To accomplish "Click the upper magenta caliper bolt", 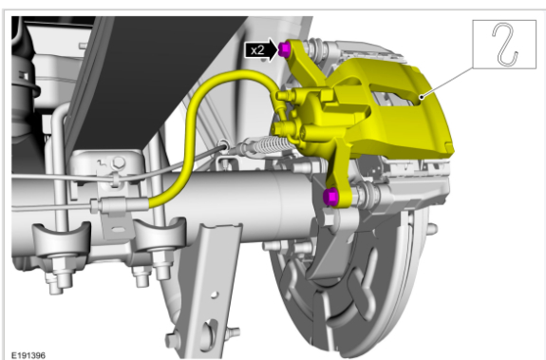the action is click(284, 49).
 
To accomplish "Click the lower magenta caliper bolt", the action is click(330, 197).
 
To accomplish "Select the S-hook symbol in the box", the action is click(505, 45).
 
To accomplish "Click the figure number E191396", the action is click(28, 355).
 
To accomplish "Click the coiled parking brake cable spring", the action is click(270, 143).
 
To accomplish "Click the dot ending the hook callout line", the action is click(422, 97).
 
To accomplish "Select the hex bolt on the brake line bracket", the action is click(119, 162).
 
